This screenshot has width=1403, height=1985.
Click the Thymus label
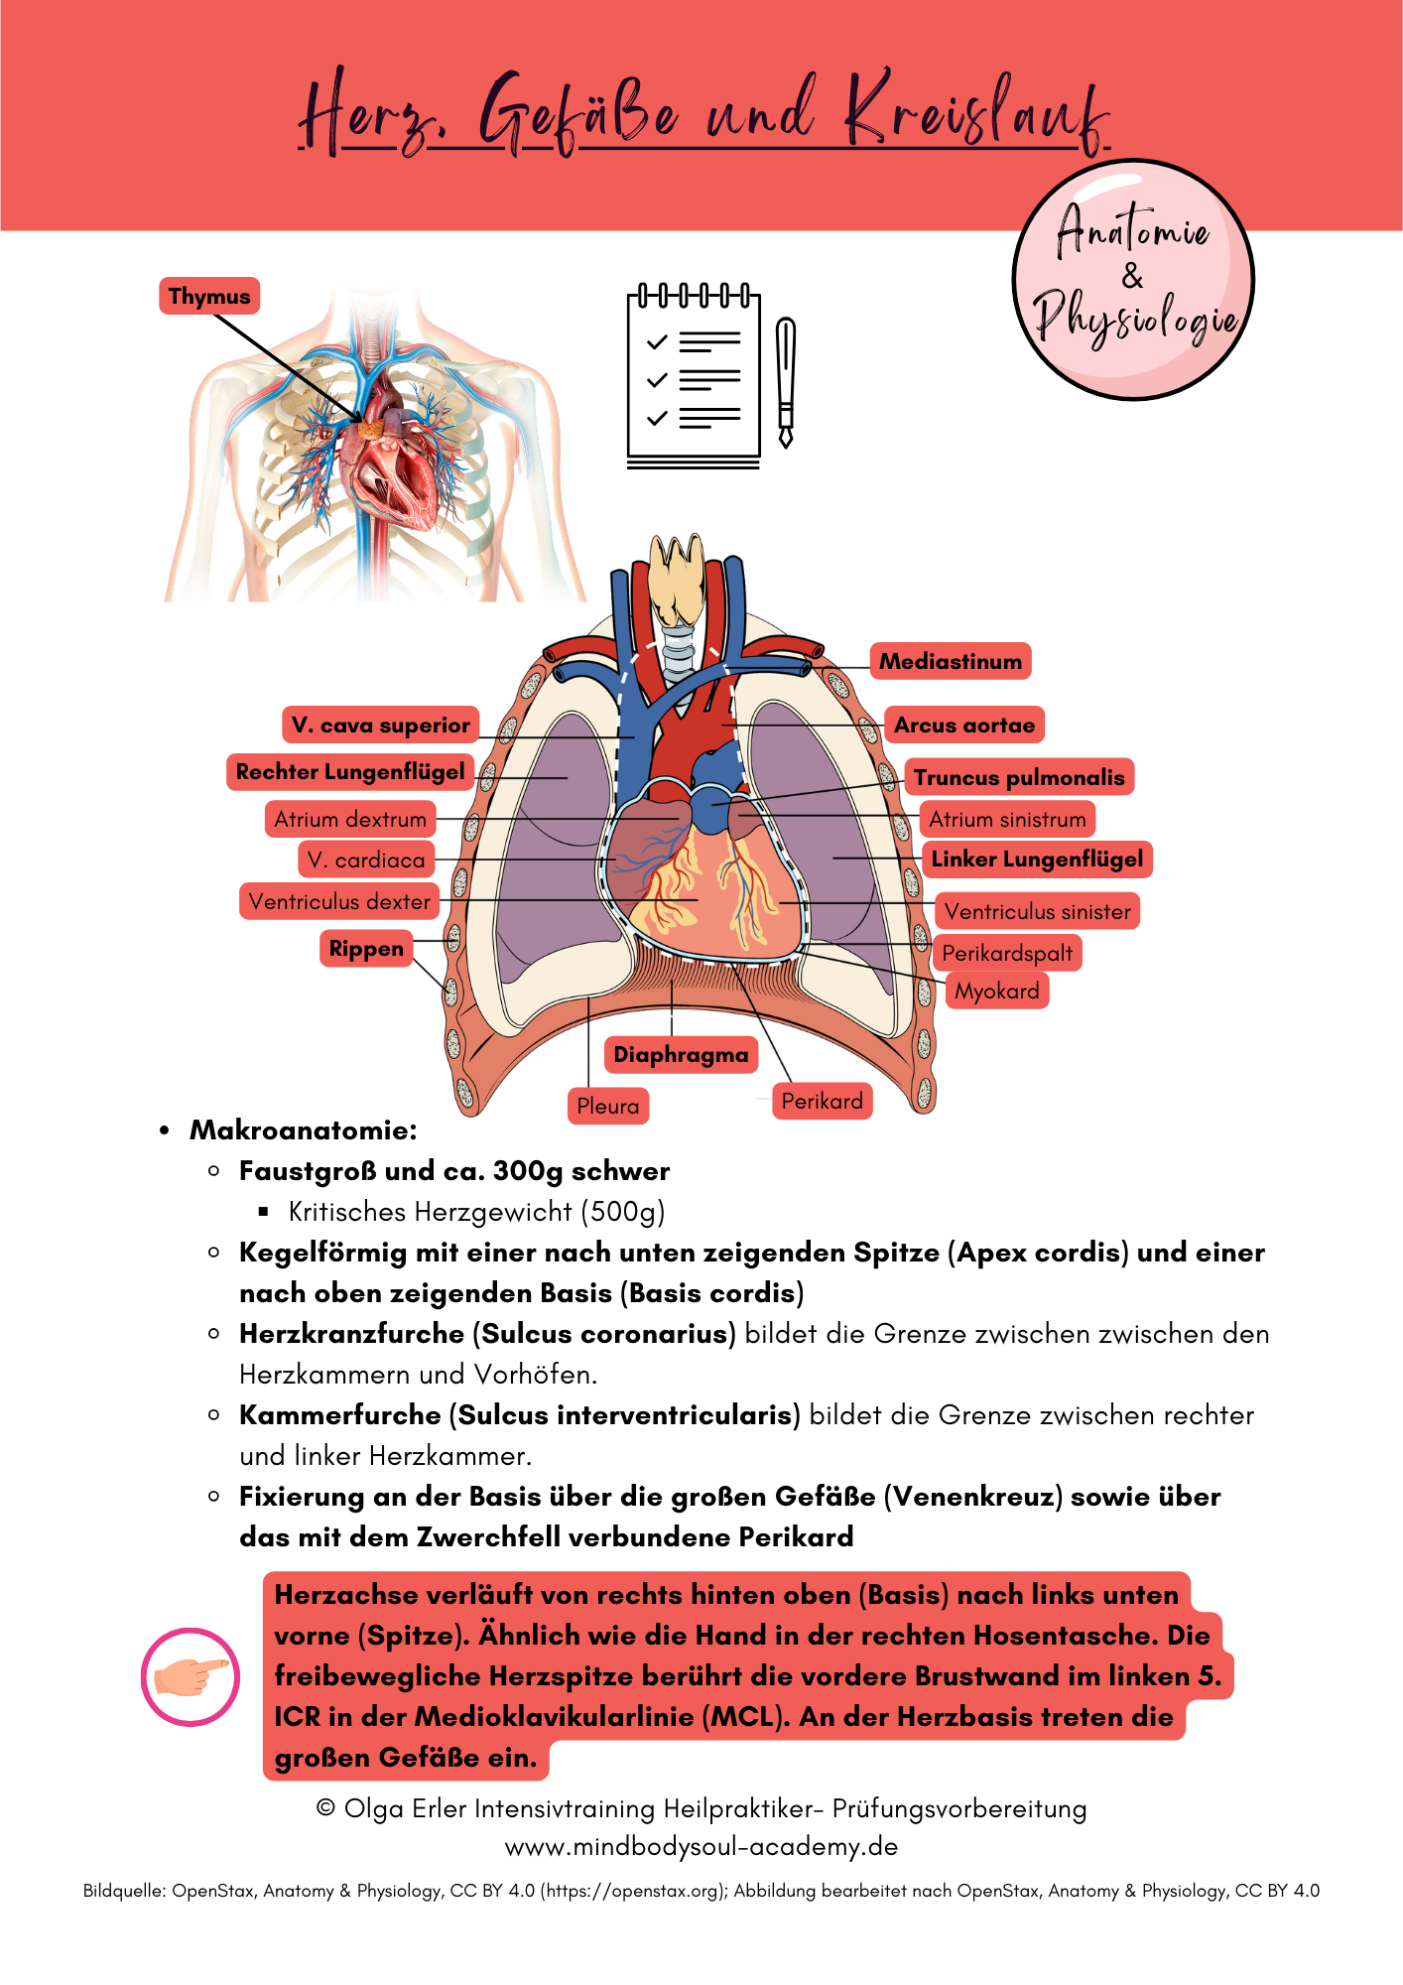209,296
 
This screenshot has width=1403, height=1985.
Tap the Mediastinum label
951,661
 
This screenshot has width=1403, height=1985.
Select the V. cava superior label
381,726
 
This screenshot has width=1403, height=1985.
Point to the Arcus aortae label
964,726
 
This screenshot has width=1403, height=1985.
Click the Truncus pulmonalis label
1019,777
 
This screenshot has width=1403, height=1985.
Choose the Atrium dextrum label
350,819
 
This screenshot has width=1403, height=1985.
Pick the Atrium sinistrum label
1007,819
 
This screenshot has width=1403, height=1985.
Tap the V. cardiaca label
366,860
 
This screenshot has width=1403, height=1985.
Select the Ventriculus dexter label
339,901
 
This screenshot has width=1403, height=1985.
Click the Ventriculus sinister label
1037,911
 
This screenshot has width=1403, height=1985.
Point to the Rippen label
366,949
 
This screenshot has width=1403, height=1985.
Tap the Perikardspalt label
1007,953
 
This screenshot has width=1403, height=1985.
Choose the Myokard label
997,991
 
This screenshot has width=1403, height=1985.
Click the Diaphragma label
681,1054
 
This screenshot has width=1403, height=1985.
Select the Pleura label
608,1106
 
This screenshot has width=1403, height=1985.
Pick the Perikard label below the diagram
822,1101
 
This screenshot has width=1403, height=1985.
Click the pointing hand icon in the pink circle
191,1676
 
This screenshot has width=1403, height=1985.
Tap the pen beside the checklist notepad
786,382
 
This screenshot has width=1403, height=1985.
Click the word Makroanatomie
304,1130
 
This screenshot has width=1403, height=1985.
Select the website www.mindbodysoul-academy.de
701,1847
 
